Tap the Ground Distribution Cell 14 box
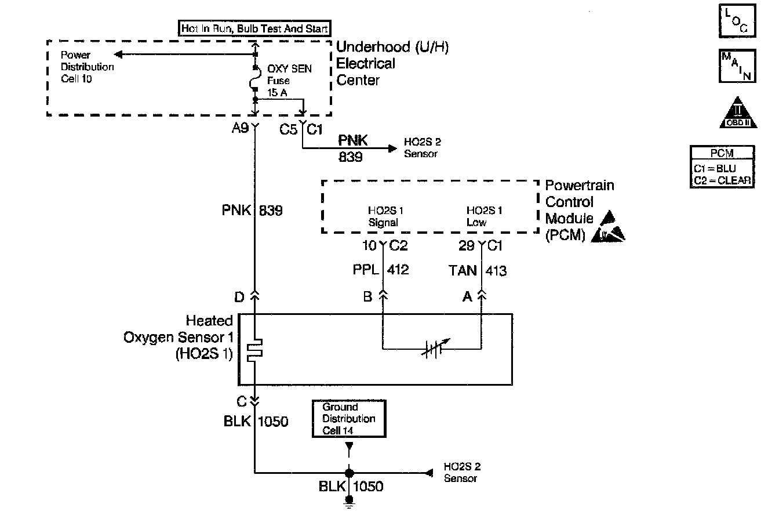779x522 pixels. (x=349, y=418)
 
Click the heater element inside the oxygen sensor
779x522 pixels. (x=255, y=350)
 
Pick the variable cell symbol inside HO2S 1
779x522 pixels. (x=432, y=349)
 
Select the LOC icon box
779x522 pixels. (x=737, y=21)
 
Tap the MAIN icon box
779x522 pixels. (x=737, y=66)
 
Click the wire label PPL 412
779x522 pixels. (x=380, y=270)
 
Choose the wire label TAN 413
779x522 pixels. (x=478, y=270)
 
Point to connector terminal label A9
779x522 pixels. (x=241, y=129)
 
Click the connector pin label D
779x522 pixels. (x=239, y=297)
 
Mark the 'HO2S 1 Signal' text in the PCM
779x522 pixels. (x=383, y=216)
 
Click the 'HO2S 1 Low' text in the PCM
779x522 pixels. (x=484, y=216)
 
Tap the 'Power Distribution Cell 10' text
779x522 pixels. (x=87, y=67)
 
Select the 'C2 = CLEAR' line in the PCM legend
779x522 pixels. (x=722, y=180)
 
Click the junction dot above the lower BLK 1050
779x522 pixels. (x=349, y=472)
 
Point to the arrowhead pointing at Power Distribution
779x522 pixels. (x=118, y=55)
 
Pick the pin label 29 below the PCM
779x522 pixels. (x=467, y=246)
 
